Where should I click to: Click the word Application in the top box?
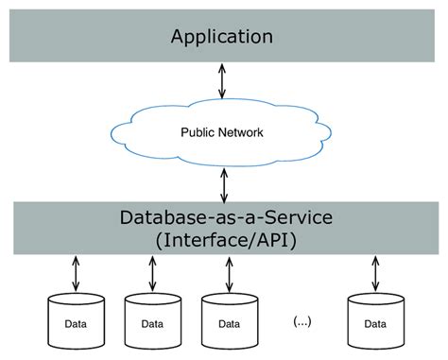[222, 37]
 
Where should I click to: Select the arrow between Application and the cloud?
[223, 83]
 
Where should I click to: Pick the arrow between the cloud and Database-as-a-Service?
[223, 182]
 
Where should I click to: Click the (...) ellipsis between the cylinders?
[302, 321]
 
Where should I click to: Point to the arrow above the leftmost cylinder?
[75, 274]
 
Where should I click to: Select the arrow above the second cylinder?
[151, 274]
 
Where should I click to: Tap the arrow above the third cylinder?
[228, 274]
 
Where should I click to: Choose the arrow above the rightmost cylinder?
[373, 274]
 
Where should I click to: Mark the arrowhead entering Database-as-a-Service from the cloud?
[223, 196]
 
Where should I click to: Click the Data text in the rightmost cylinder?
[373, 323]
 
